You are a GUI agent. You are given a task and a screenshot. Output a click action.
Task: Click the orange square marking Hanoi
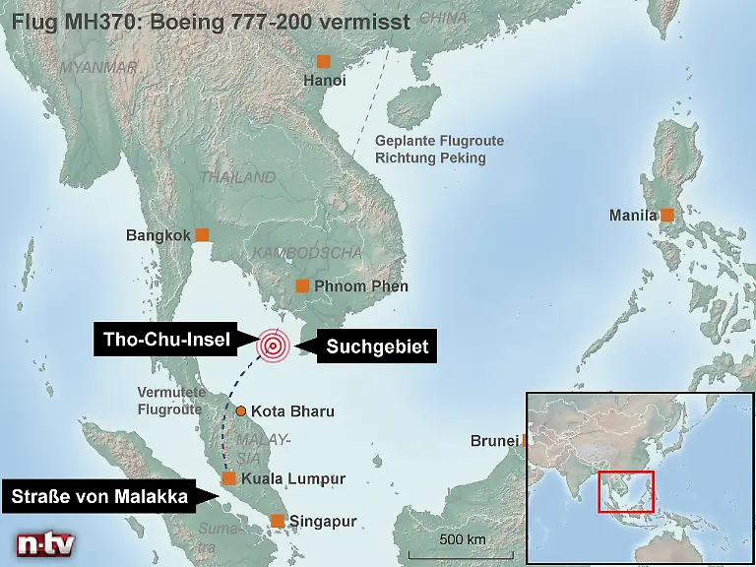pyautogui.click(x=323, y=62)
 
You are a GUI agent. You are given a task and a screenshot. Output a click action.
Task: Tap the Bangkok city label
pyautogui.click(x=157, y=235)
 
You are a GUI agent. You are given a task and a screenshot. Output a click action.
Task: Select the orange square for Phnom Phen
pyautogui.click(x=303, y=286)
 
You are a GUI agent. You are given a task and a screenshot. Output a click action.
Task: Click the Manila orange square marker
pyautogui.click(x=667, y=215)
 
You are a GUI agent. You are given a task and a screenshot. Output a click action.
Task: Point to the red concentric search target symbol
pyautogui.click(x=273, y=346)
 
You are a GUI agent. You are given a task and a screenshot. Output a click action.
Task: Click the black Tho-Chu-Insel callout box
pyautogui.click(x=165, y=342)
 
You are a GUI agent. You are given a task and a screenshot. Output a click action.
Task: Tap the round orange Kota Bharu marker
pyautogui.click(x=240, y=410)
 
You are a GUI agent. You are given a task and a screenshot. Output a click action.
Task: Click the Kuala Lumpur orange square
pyautogui.click(x=228, y=478)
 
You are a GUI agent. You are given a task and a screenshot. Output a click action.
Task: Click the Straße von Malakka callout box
pyautogui.click(x=99, y=496)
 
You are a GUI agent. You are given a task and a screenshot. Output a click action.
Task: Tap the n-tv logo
pyautogui.click(x=44, y=544)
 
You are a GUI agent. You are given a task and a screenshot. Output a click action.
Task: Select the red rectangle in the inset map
pyautogui.click(x=625, y=492)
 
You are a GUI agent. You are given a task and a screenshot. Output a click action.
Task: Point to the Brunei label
pyautogui.click(x=493, y=441)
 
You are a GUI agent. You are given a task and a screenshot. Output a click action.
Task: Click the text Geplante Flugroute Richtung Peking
pyautogui.click(x=439, y=150)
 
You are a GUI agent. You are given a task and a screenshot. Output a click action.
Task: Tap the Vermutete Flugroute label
pyautogui.click(x=169, y=401)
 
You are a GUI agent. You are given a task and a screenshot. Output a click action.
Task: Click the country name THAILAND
pyautogui.click(x=238, y=178)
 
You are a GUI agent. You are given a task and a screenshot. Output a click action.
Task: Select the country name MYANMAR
pyautogui.click(x=98, y=68)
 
